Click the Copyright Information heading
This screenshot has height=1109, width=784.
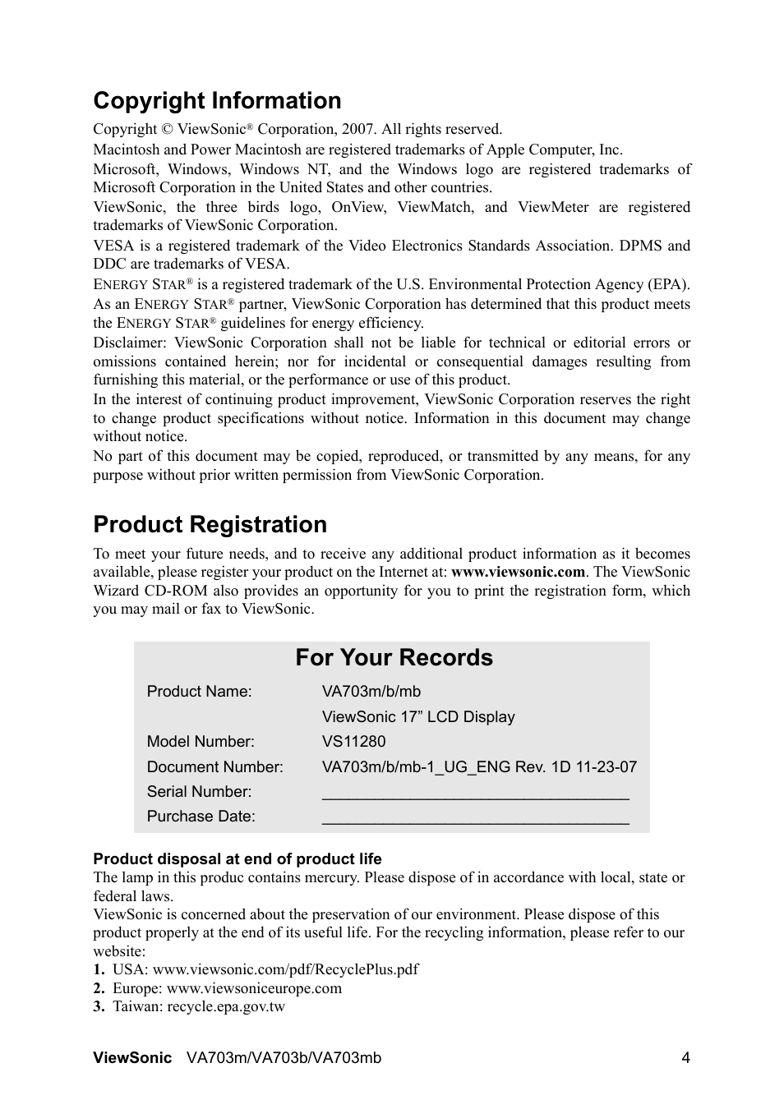point(217,100)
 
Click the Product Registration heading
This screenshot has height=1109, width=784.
point(210,524)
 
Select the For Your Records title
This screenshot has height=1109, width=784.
point(394,657)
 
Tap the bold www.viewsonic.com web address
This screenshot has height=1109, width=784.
point(518,573)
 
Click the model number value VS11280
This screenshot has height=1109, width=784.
point(353,742)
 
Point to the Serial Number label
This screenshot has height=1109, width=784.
point(199,792)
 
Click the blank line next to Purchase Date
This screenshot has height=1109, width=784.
point(475,818)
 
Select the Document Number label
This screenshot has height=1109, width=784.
point(214,767)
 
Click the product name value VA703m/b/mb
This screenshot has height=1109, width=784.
point(371,692)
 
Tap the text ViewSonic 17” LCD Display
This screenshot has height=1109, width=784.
point(418,717)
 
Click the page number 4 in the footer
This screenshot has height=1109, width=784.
point(685,1058)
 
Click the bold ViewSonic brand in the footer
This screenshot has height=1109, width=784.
point(132,1058)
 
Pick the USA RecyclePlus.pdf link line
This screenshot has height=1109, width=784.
point(265,970)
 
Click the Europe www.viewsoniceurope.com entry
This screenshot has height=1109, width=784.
point(227,989)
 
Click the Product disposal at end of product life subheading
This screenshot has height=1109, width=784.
point(237,859)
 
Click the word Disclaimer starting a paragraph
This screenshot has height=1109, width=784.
point(130,343)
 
